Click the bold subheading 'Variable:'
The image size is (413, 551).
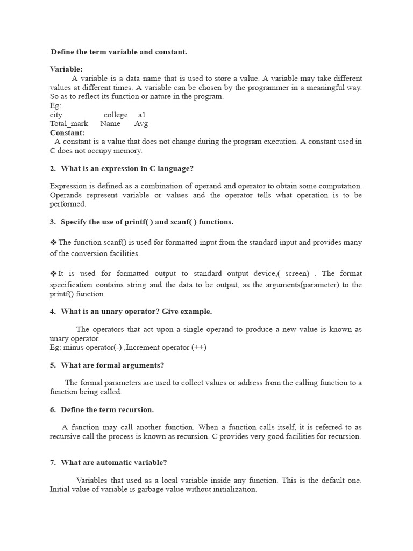[66, 69]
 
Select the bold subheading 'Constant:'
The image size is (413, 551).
[67, 132]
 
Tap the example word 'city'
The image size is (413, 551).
[56, 115]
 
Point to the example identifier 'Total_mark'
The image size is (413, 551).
[69, 124]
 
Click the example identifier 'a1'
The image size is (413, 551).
[142, 115]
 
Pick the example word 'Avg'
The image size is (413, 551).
[141, 124]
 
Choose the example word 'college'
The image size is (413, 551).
[116, 115]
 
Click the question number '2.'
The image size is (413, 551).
[53, 168]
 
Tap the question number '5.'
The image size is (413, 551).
[53, 365]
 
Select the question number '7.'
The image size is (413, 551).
[53, 462]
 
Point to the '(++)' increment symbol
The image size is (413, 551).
[199, 348]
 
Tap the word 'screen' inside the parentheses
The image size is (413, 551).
[297, 274]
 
